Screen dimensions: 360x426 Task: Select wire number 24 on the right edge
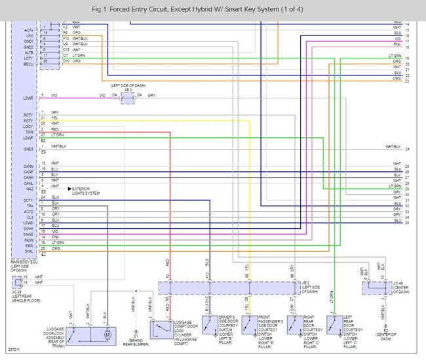click(x=407, y=149)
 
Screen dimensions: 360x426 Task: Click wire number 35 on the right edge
click(x=407, y=223)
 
